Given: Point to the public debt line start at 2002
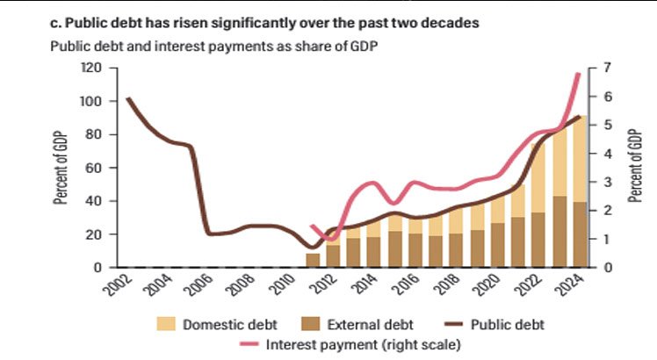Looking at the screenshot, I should coord(128,98).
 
